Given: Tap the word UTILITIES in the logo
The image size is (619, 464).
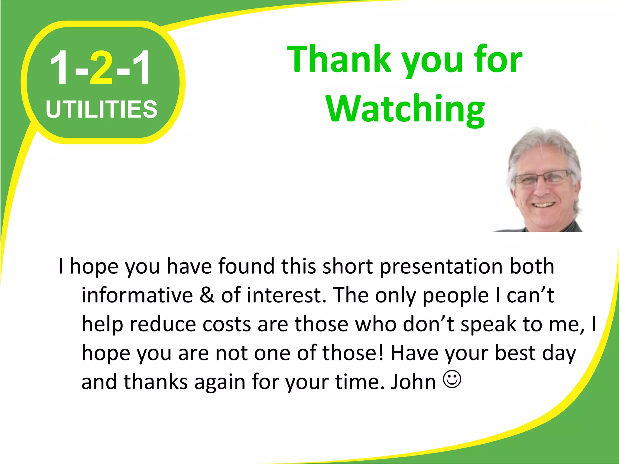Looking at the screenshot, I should click(x=102, y=109).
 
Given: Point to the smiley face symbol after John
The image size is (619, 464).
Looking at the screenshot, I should click(x=452, y=380).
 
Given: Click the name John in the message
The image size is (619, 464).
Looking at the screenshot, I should click(x=413, y=382).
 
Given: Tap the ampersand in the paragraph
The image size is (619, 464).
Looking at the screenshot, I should click(x=207, y=295).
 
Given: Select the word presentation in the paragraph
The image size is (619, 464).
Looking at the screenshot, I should click(x=441, y=266).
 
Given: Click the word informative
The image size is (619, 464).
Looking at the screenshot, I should click(x=137, y=295).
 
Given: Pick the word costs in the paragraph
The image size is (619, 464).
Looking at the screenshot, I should click(x=227, y=324).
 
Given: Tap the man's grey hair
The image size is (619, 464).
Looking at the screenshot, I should click(x=541, y=145).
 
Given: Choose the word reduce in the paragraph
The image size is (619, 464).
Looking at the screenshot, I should click(x=163, y=324).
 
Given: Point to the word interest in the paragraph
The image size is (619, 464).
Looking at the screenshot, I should click(x=287, y=295).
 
